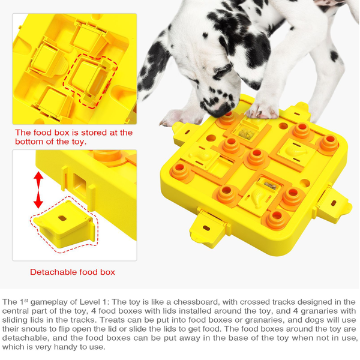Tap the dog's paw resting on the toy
tap(263, 109)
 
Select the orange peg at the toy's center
tap(257, 157)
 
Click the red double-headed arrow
tap(38, 190)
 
